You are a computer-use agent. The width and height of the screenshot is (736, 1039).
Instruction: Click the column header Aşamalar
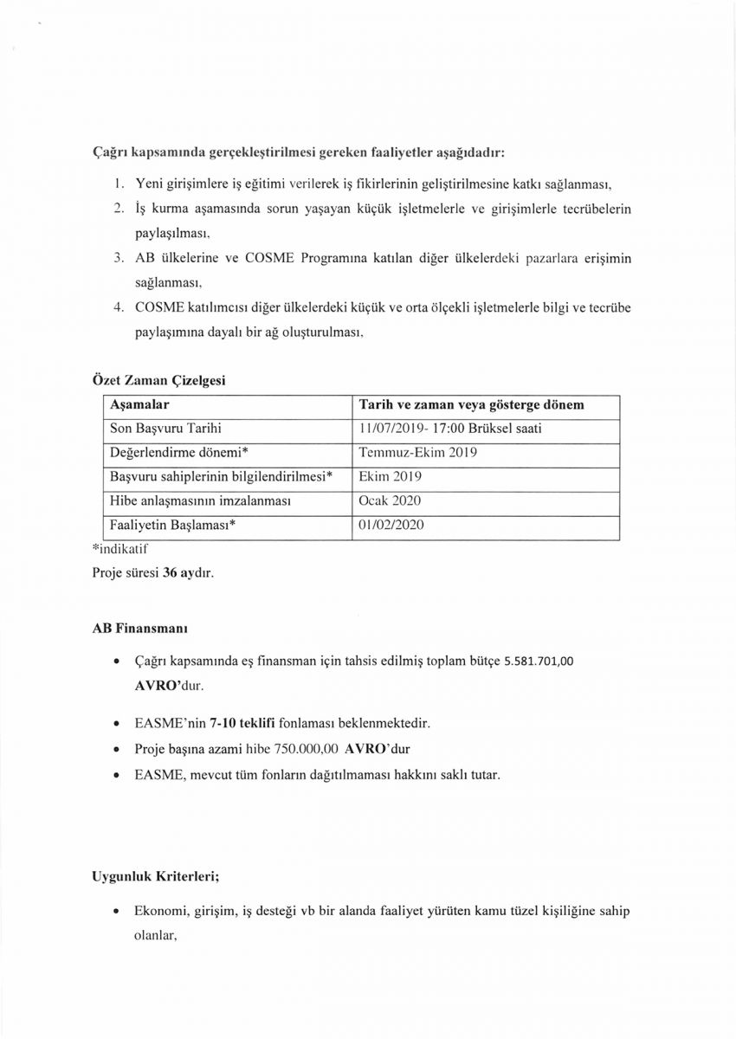[139, 405]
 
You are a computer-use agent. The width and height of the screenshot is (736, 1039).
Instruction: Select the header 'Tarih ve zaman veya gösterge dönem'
[471, 405]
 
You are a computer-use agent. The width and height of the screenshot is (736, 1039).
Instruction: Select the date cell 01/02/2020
[391, 526]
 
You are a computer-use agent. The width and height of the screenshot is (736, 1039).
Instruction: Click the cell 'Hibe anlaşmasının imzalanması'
[198, 501]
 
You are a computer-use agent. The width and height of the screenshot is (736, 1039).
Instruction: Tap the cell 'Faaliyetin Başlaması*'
[173, 526]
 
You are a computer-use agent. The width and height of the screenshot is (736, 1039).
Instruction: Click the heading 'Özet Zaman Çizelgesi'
[160, 379]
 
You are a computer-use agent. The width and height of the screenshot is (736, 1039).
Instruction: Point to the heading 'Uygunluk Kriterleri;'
[156, 876]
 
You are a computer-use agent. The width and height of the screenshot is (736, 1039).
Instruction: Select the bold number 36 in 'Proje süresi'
[170, 572]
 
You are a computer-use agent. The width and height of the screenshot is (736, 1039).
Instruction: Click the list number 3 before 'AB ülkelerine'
[119, 258]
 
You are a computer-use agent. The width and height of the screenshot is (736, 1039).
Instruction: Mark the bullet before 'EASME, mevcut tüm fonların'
[116, 775]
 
